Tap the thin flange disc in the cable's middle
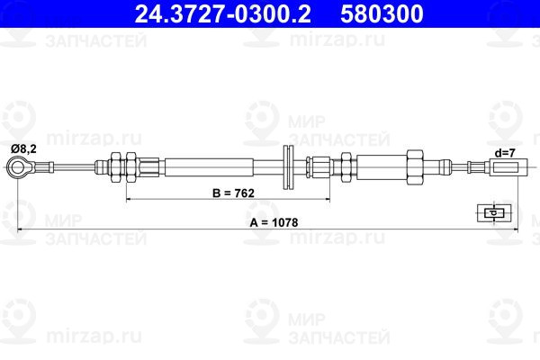[290, 166]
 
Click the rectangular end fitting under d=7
[506, 166]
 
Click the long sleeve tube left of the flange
[207, 166]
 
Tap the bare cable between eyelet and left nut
[67, 166]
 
